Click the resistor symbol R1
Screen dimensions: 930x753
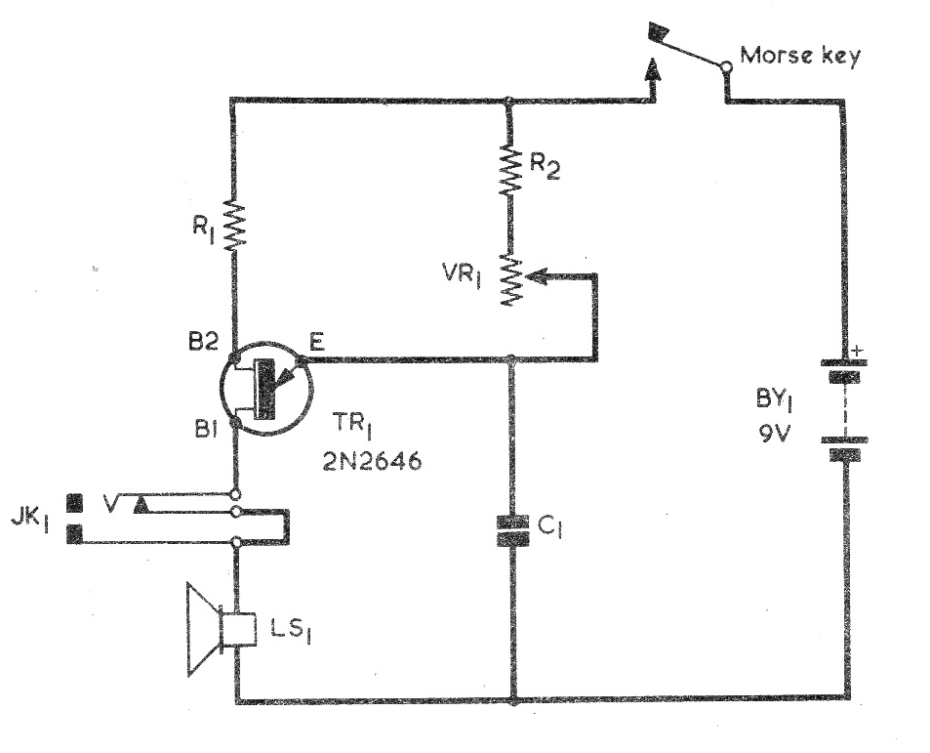pyautogui.click(x=233, y=225)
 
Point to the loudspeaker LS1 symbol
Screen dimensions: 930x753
pyautogui.click(x=221, y=629)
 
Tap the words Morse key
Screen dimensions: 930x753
pyautogui.click(x=799, y=56)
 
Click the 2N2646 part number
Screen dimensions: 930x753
pyautogui.click(x=372, y=460)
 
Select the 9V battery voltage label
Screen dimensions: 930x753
pyautogui.click(x=775, y=435)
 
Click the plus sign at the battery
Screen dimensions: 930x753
pyautogui.click(x=857, y=352)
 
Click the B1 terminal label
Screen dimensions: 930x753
pyautogui.click(x=206, y=429)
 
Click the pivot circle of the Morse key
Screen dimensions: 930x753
pyautogui.click(x=726, y=65)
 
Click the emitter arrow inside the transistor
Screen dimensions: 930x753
pyautogui.click(x=285, y=376)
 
